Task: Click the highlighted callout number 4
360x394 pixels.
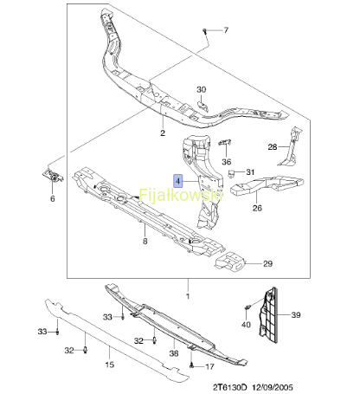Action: coord(178,181)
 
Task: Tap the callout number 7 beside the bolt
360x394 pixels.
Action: coord(226,30)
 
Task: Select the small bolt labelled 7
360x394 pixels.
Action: coord(205,31)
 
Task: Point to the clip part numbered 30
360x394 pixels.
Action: coord(202,106)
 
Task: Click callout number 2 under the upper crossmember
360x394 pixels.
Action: coord(163,132)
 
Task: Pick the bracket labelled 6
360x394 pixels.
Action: coord(53,176)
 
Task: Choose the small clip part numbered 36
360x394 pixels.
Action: coord(225,142)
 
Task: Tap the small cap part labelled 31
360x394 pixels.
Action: coord(231,173)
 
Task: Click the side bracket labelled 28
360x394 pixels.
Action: coord(292,147)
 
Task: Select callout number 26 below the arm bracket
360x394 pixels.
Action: coord(257,208)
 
